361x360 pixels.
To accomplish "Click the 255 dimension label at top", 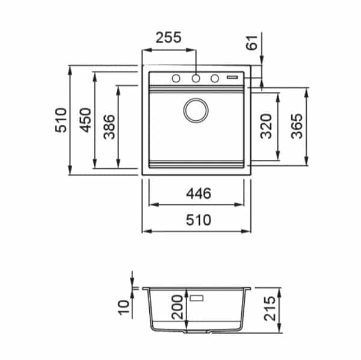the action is pos(168,37).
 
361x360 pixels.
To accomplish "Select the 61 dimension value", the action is pos(252,43).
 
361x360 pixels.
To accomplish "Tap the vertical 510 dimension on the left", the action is pos(61,120).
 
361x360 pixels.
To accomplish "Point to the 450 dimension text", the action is pos(85,120).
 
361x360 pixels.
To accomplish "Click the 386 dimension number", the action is pos(109,127).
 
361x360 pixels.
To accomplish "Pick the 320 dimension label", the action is pos(267,126).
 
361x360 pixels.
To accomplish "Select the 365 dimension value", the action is pos(297,126).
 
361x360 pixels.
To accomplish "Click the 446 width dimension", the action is pos(199,194).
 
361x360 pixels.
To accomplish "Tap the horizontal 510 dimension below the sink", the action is pos(199,220).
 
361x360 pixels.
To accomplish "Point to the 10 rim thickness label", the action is pos(123,307).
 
